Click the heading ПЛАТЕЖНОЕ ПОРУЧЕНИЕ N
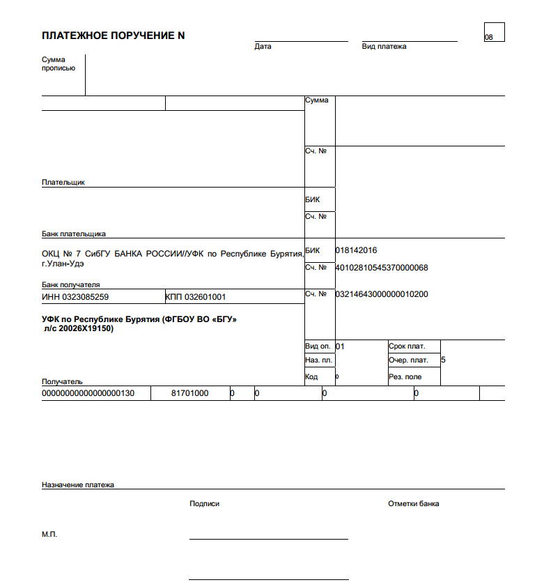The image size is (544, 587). click(114, 36)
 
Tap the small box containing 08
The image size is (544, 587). click(493, 32)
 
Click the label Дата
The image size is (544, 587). click(263, 47)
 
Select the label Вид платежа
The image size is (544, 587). click(384, 47)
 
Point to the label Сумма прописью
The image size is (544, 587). click(59, 64)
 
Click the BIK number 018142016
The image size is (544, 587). click(356, 250)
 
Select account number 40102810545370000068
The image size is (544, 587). click(382, 268)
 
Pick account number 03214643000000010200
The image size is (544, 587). click(382, 294)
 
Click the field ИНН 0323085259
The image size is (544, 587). click(75, 297)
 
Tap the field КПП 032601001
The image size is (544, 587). click(196, 297)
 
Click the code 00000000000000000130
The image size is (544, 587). click(88, 394)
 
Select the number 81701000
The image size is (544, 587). click(189, 394)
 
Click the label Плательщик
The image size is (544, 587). click(63, 183)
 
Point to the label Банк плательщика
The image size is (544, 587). click(74, 234)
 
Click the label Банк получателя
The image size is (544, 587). click(71, 285)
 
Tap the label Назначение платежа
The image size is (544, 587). click(78, 485)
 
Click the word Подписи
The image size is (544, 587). click(204, 504)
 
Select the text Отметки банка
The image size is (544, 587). click(413, 504)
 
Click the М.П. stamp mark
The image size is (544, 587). click(49, 535)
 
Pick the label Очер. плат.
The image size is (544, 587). click(408, 360)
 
